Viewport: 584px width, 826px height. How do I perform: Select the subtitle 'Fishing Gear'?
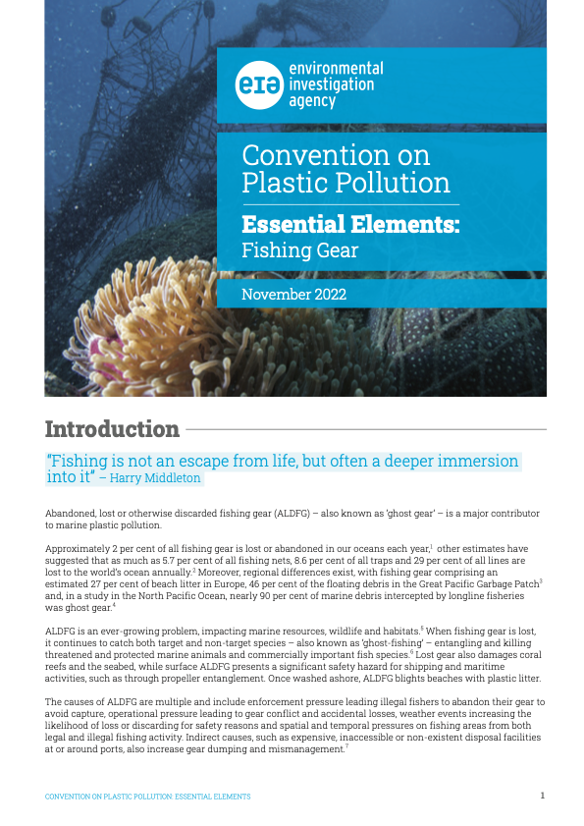click(x=299, y=249)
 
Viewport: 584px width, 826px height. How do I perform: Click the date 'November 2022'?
click(x=293, y=294)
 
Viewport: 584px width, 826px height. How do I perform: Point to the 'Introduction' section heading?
click(x=112, y=429)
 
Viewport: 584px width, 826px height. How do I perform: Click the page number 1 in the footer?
click(x=542, y=795)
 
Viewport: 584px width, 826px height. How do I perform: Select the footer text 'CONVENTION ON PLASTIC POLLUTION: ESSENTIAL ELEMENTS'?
click(x=148, y=796)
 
